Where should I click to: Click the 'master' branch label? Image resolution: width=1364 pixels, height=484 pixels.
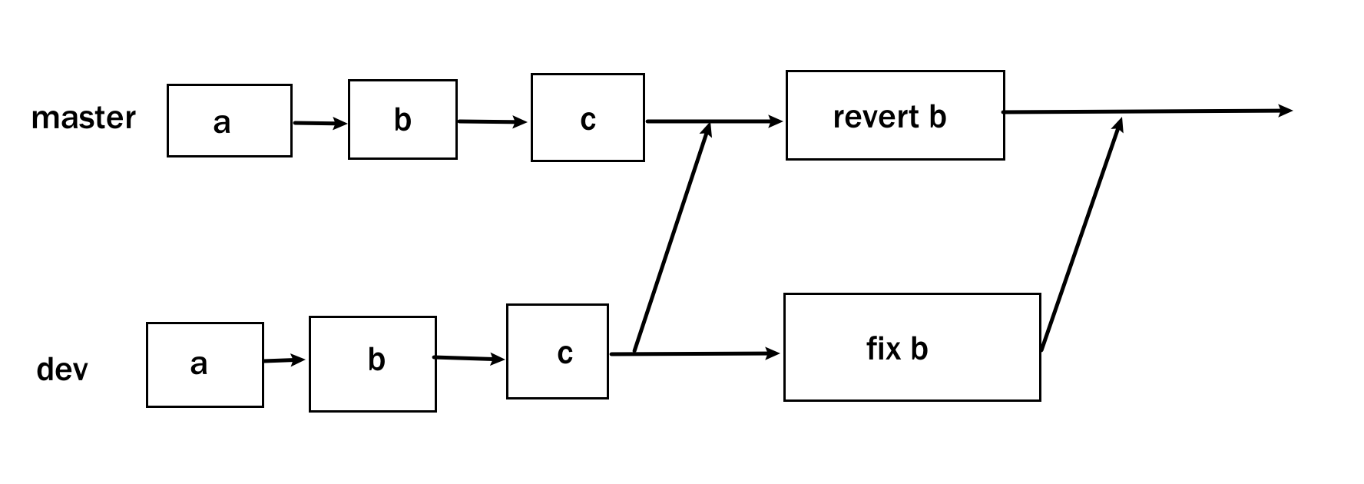point(83,118)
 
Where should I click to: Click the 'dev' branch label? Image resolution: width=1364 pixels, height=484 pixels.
point(61,370)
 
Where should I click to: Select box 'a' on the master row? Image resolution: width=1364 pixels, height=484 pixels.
point(229,121)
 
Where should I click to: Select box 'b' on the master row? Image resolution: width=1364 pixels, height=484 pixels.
point(402,119)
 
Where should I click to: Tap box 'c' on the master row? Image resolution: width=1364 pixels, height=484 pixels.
point(588,118)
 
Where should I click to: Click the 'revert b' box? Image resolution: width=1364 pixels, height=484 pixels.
point(895,115)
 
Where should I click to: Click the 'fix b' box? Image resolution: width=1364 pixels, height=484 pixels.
point(912,347)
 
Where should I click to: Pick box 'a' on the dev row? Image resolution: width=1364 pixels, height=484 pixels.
point(204,364)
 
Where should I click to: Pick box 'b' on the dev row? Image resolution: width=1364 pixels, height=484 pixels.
point(372,363)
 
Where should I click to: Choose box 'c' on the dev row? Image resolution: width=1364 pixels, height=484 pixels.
point(558,351)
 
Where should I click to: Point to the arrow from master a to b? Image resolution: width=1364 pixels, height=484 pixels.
point(319,123)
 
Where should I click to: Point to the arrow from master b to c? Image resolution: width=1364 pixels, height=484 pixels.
point(492,121)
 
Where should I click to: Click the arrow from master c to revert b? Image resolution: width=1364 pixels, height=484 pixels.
point(714,121)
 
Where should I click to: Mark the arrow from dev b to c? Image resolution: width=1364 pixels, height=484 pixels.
point(469,358)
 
